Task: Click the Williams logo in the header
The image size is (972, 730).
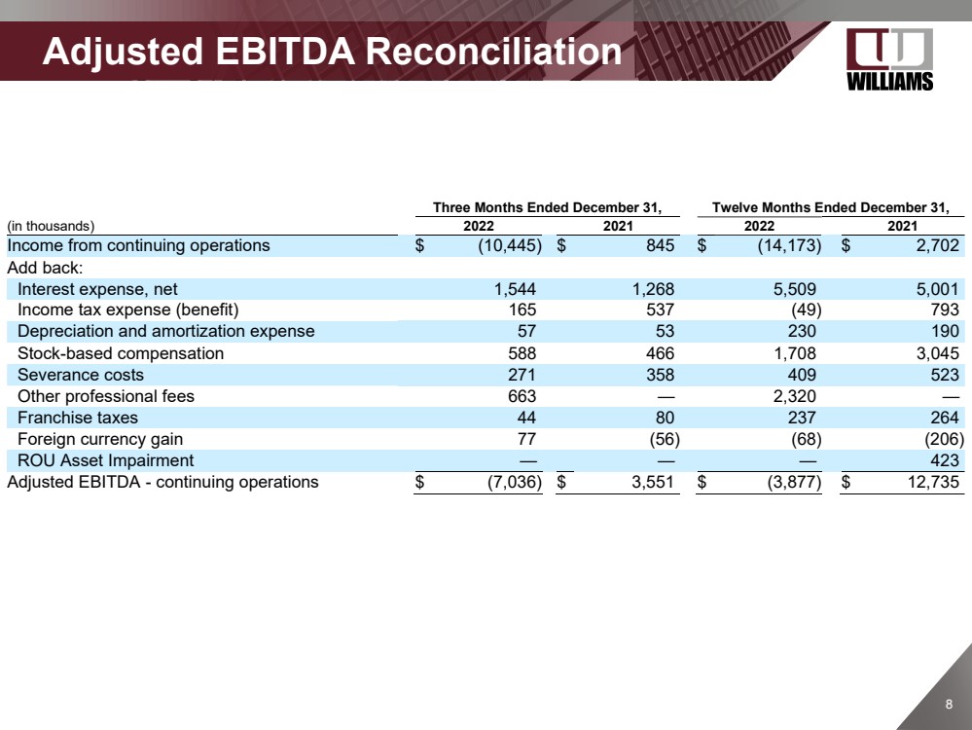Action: click(x=890, y=59)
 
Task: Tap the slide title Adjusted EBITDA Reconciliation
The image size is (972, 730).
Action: click(x=332, y=52)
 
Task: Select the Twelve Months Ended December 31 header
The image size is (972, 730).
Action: click(x=830, y=207)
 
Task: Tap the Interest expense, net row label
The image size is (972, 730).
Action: click(x=97, y=289)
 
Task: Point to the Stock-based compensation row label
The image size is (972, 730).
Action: click(x=121, y=353)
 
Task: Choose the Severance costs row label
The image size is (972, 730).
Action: click(x=81, y=375)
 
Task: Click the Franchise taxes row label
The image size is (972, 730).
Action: click(x=78, y=418)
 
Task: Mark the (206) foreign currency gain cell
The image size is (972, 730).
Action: click(x=940, y=439)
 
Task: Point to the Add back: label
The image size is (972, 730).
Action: click(x=45, y=267)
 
